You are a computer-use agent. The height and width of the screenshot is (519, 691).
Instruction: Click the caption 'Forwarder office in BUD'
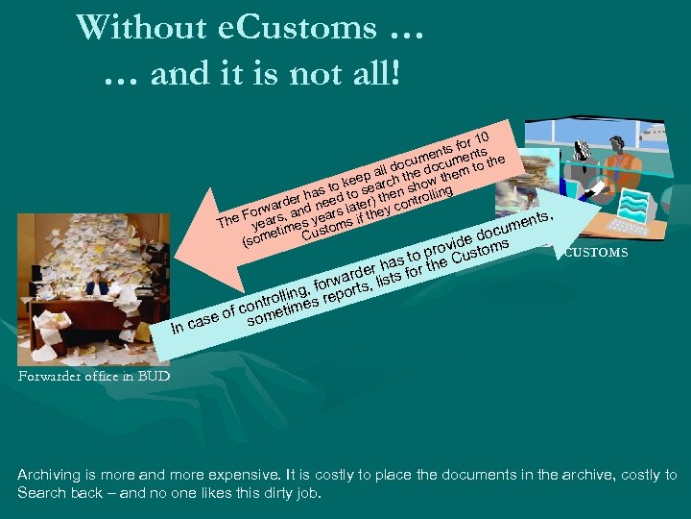click(93, 377)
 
